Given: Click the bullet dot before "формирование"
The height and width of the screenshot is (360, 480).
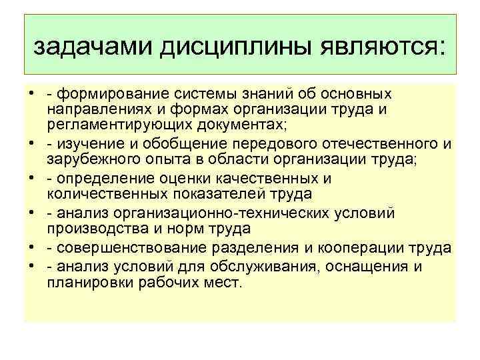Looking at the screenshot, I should pos(31,95).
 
